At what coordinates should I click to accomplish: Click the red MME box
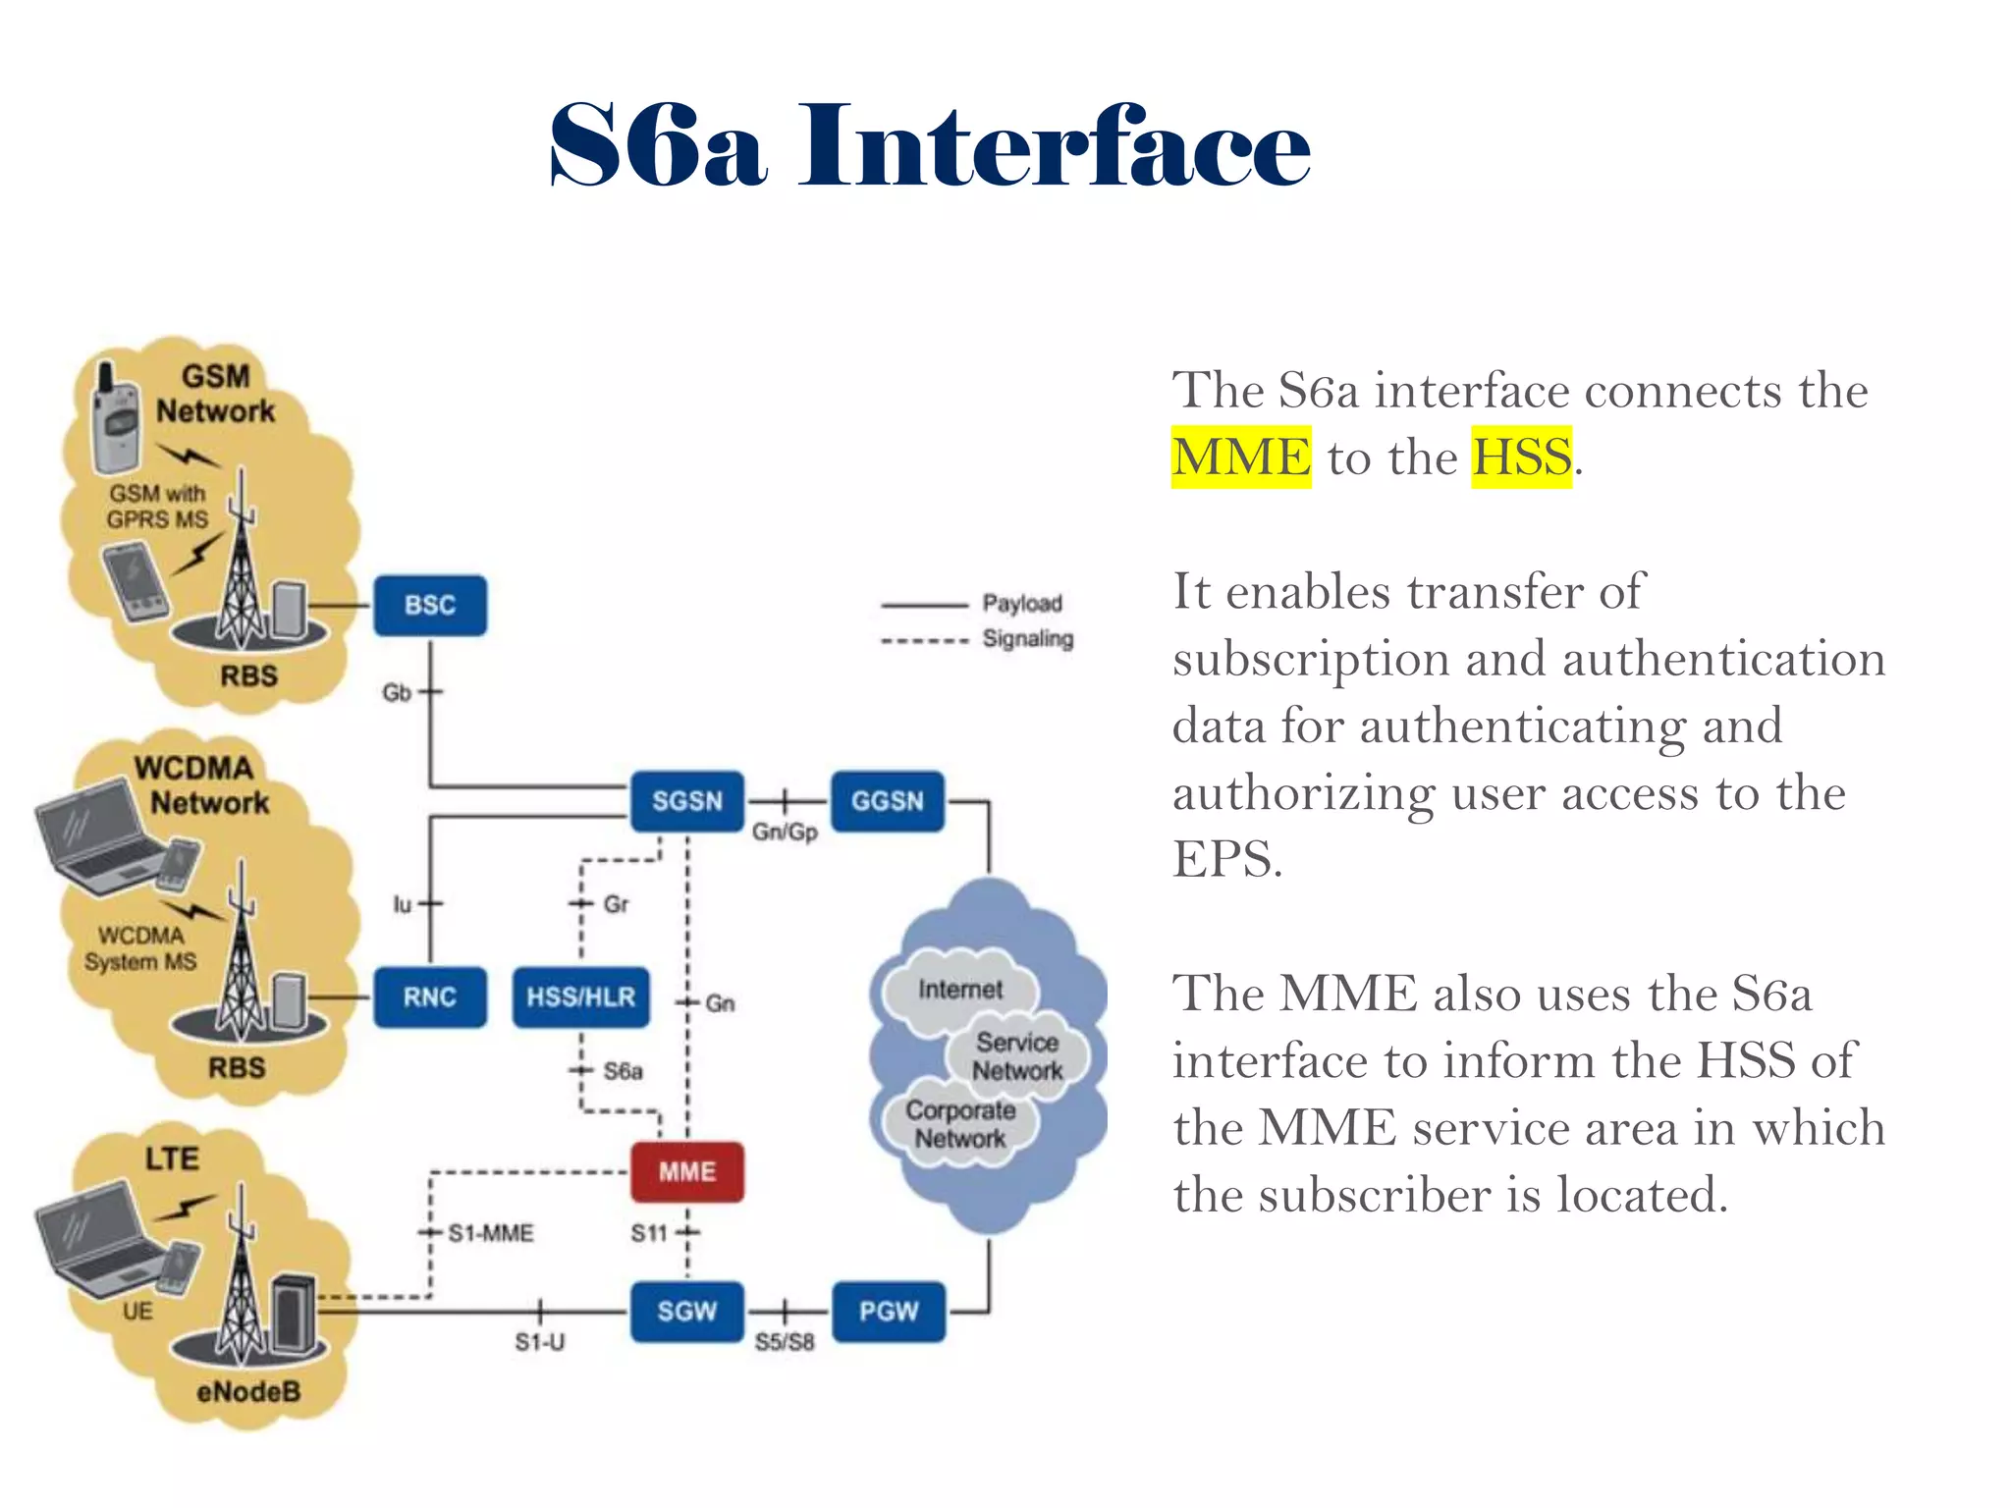687,1171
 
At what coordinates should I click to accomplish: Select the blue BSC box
430,605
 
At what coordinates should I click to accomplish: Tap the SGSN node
687,801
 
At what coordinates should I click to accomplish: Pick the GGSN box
888,801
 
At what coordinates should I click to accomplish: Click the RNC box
430,997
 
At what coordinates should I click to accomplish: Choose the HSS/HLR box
581,997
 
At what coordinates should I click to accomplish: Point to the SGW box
687,1312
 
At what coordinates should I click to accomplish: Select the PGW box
889,1312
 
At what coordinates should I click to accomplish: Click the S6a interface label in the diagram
623,1071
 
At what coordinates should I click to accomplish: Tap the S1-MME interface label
490,1233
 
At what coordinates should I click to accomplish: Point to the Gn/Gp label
785,833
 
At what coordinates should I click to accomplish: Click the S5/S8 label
785,1342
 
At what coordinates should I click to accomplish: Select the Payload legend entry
1022,603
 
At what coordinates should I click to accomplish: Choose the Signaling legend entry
1028,638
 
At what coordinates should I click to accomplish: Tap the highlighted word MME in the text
1241,458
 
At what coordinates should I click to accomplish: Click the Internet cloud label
960,990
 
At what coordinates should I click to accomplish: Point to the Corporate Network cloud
960,1124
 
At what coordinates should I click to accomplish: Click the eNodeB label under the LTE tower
248,1391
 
